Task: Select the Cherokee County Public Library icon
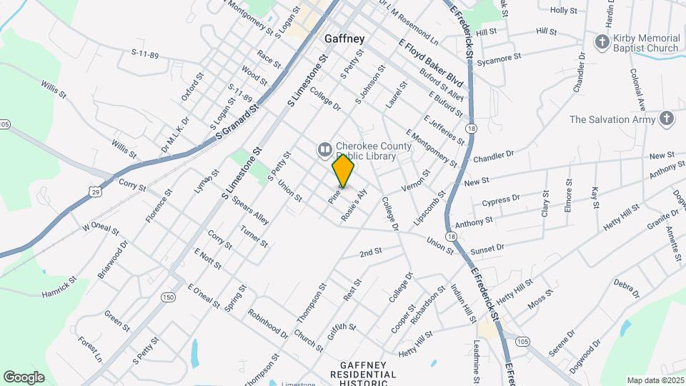[x=324, y=149]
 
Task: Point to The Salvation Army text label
[x=612, y=119]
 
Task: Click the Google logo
[x=24, y=377]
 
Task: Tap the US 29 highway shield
[x=94, y=191]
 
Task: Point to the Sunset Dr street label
[x=487, y=248]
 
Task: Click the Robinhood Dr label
[x=267, y=323]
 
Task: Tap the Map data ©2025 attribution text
[x=655, y=380]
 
